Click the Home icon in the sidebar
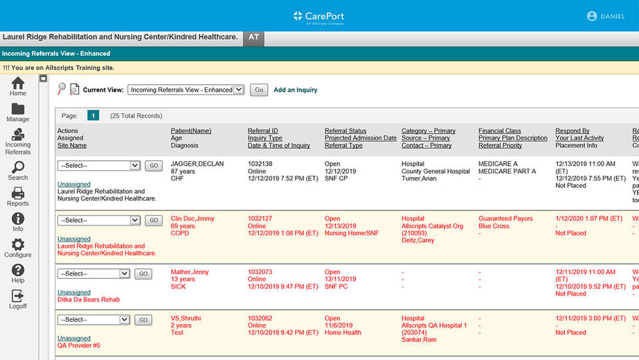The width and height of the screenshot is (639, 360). tap(18, 83)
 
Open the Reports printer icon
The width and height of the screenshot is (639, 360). tap(18, 194)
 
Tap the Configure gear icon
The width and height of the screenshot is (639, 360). tap(18, 245)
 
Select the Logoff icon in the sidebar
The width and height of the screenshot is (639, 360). tap(18, 296)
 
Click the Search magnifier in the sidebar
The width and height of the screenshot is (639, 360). tap(18, 168)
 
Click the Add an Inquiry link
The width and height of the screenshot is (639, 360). tap(296, 90)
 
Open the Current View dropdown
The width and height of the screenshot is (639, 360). tap(186, 90)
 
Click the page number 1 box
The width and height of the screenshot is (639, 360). tap(94, 115)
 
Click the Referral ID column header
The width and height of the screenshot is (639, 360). tap(263, 131)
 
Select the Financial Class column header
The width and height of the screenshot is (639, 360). tap(499, 131)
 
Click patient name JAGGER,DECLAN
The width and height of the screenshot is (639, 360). tap(197, 164)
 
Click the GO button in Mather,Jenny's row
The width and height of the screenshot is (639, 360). tap(143, 273)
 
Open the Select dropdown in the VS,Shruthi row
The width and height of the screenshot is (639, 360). tap(93, 320)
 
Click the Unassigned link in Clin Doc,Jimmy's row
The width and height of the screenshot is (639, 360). tap(74, 239)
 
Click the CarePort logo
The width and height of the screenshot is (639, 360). tap(319, 16)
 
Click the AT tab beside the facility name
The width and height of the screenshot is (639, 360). tap(254, 37)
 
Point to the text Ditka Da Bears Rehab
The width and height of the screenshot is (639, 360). tap(89, 299)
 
